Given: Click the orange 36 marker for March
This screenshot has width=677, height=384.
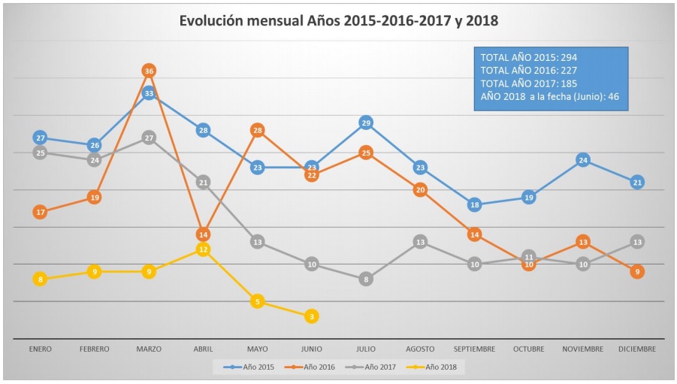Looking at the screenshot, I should click(149, 71).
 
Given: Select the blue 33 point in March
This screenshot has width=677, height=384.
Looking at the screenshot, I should click(149, 93).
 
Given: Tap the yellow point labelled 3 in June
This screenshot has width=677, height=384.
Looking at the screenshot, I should click(312, 316).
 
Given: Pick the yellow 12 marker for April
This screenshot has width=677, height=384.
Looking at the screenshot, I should click(203, 249).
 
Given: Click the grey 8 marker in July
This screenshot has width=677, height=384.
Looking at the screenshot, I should click(366, 280).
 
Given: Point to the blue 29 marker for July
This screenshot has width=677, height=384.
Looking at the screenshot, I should click(366, 122).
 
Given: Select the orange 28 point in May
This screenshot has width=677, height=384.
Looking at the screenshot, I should click(258, 131).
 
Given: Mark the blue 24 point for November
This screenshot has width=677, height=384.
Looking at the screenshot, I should click(583, 160).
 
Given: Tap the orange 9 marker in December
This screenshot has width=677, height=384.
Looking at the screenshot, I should click(637, 271).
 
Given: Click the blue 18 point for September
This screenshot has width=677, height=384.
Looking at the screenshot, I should click(475, 204).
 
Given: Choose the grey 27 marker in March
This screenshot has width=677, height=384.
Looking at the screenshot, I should click(149, 138).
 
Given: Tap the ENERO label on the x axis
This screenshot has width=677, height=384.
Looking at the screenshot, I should click(41, 349).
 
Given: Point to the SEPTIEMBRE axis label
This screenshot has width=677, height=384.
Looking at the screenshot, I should click(474, 349).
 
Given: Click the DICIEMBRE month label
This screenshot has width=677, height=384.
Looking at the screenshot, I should click(637, 349).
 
